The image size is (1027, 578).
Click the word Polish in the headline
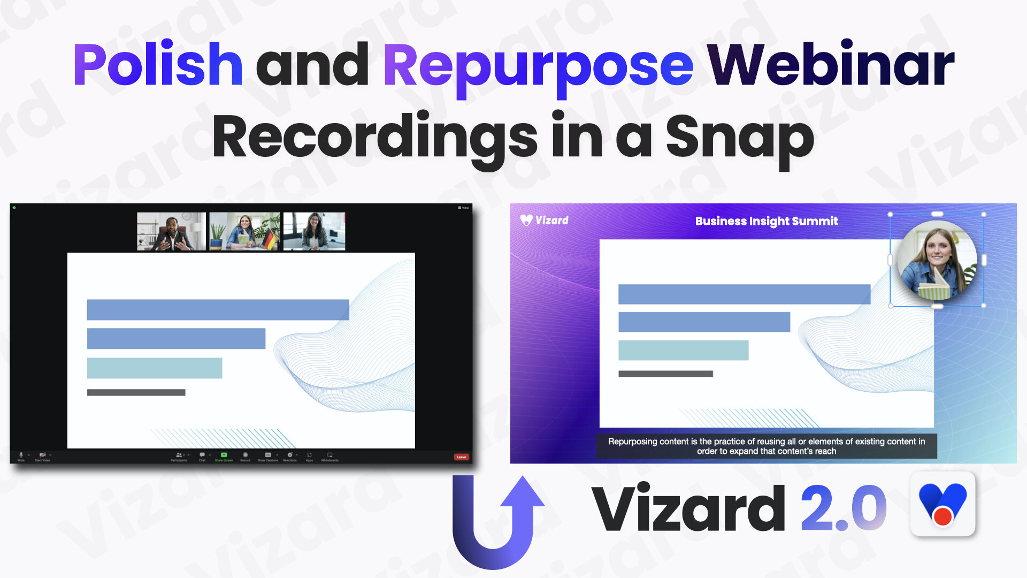(x=158, y=65)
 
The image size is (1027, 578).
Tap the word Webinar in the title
(x=830, y=65)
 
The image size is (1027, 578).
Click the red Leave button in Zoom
(x=461, y=457)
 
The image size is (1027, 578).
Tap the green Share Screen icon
(x=224, y=455)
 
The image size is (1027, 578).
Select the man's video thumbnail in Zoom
(x=171, y=231)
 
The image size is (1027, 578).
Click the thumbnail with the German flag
(x=244, y=231)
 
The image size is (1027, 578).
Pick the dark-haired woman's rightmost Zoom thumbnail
(x=314, y=231)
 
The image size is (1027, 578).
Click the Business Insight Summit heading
(x=766, y=221)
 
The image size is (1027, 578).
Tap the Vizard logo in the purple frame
(x=544, y=220)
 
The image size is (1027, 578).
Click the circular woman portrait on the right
(x=937, y=261)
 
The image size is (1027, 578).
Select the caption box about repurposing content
(x=766, y=446)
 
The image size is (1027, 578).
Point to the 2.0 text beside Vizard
(x=843, y=508)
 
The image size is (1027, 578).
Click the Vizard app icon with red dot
(x=942, y=504)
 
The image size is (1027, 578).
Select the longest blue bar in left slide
(x=218, y=310)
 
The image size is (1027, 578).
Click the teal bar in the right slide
(x=683, y=351)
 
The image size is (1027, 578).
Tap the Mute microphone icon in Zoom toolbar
(x=21, y=455)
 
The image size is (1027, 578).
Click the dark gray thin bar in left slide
(x=136, y=393)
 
